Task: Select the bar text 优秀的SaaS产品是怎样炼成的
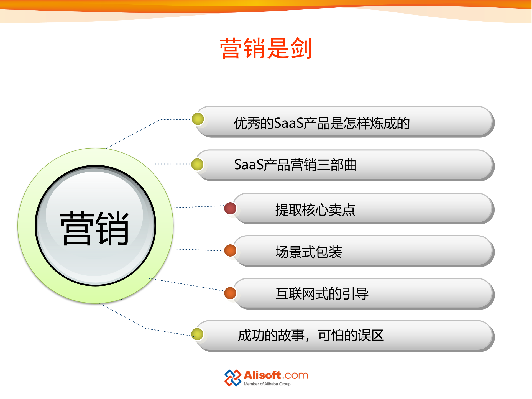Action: tap(322, 123)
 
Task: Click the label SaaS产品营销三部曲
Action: tap(295, 165)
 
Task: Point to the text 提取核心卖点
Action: tap(315, 210)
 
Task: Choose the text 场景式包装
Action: tap(309, 252)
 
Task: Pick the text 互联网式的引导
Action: tap(322, 294)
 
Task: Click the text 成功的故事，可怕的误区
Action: tap(311, 335)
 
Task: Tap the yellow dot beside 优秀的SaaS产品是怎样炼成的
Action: tap(198, 119)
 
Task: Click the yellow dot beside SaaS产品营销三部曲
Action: tap(198, 164)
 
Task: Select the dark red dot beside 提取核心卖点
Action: tap(230, 208)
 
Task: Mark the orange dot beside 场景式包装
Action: tap(230, 250)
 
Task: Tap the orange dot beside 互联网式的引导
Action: tap(230, 293)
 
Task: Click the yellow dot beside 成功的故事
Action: tap(198, 334)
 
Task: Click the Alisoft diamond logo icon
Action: tap(232, 378)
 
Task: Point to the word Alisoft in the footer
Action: tap(262, 375)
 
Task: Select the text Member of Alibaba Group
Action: tap(267, 384)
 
